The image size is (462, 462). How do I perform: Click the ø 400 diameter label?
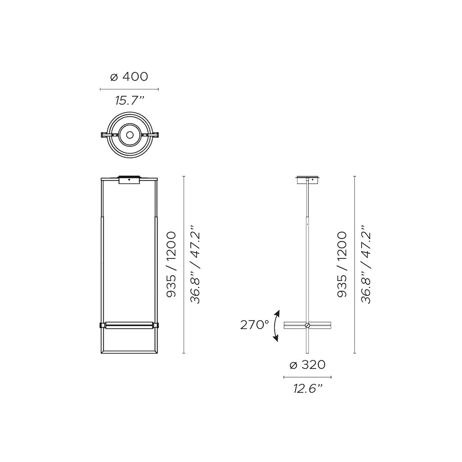coord(129,77)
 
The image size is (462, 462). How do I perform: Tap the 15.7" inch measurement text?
coord(130,101)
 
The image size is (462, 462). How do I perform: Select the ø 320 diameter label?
coord(308,365)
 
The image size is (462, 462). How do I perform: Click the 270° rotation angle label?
coord(255,325)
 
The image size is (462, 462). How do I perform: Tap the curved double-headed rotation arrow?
coord(275,326)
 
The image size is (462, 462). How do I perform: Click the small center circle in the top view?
coord(129,135)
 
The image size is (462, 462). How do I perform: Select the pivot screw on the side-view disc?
coord(308,325)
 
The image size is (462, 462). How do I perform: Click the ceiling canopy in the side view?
coord(308,179)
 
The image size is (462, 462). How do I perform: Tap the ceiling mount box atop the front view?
coord(129,180)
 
